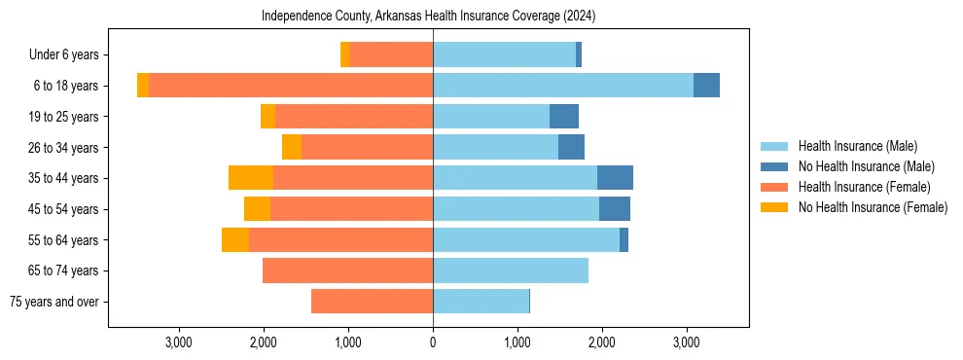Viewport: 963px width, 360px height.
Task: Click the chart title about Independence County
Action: click(428, 17)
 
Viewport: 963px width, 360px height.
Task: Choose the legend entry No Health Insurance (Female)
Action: click(873, 207)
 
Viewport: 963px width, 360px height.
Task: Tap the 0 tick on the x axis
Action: click(433, 342)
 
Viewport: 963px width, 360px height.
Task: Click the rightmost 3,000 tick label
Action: click(687, 342)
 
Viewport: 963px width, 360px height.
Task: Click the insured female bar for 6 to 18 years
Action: click(291, 86)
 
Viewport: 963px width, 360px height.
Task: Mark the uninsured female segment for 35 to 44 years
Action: click(251, 178)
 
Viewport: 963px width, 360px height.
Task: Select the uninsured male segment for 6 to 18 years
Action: click(706, 86)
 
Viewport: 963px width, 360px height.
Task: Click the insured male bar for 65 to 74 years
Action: click(511, 270)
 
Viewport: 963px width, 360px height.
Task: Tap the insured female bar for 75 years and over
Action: click(372, 302)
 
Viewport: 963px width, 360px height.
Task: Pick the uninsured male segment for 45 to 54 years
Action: click(615, 209)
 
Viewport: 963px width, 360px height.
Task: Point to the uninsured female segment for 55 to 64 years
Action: click(235, 239)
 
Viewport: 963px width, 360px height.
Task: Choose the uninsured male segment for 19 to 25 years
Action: click(564, 117)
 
